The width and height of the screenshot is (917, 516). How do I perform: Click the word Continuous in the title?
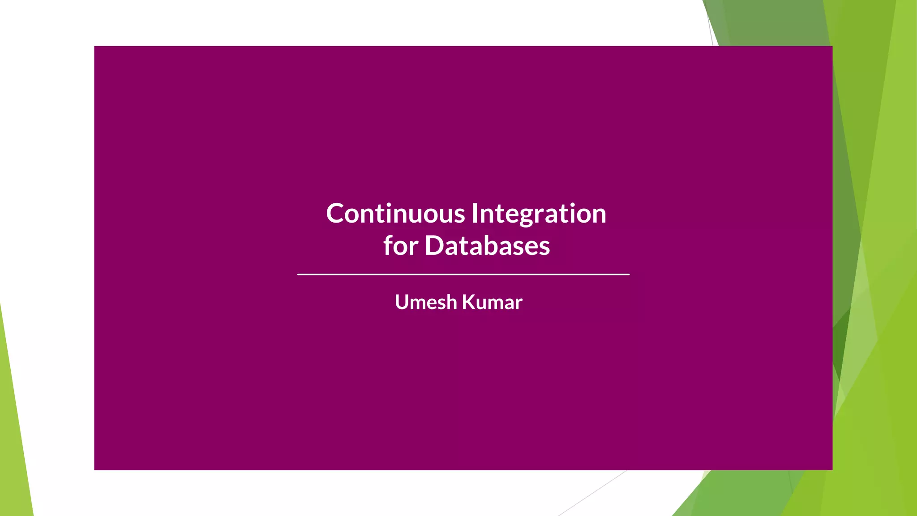coord(395,214)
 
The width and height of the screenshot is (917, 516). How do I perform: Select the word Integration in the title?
coord(539,214)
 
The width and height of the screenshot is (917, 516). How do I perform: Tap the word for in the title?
coord(400,246)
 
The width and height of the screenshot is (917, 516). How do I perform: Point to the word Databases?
coord(487,246)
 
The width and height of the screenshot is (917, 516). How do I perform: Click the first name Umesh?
coord(425,302)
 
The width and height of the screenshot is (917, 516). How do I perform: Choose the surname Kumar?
coord(492,302)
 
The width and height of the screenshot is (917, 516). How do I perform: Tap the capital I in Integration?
coord(475,213)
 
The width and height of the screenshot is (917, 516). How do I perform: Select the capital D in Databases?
coord(434,245)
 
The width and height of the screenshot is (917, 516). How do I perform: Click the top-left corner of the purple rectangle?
coord(95,47)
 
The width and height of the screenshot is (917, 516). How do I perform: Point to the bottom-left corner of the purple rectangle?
coord(95,469)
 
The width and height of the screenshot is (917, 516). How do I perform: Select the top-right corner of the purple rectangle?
coord(831,47)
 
